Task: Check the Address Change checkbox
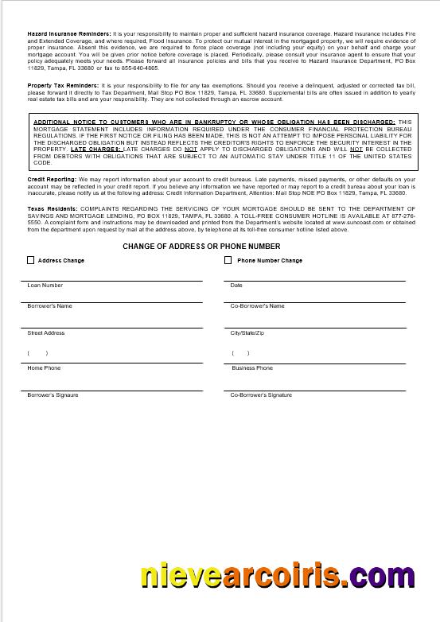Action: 31,260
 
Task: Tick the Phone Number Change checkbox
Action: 228,260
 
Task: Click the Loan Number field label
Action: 45,285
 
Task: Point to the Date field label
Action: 236,285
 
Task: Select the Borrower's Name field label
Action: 49,305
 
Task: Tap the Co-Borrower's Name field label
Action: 257,305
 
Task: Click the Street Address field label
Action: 46,333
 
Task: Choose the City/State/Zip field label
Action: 247,333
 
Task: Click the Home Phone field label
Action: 44,368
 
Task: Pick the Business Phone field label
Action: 252,368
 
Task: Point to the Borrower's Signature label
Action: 53,395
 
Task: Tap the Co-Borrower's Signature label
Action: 261,395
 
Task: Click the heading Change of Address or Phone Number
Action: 201,247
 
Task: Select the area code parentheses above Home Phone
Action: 38,353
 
